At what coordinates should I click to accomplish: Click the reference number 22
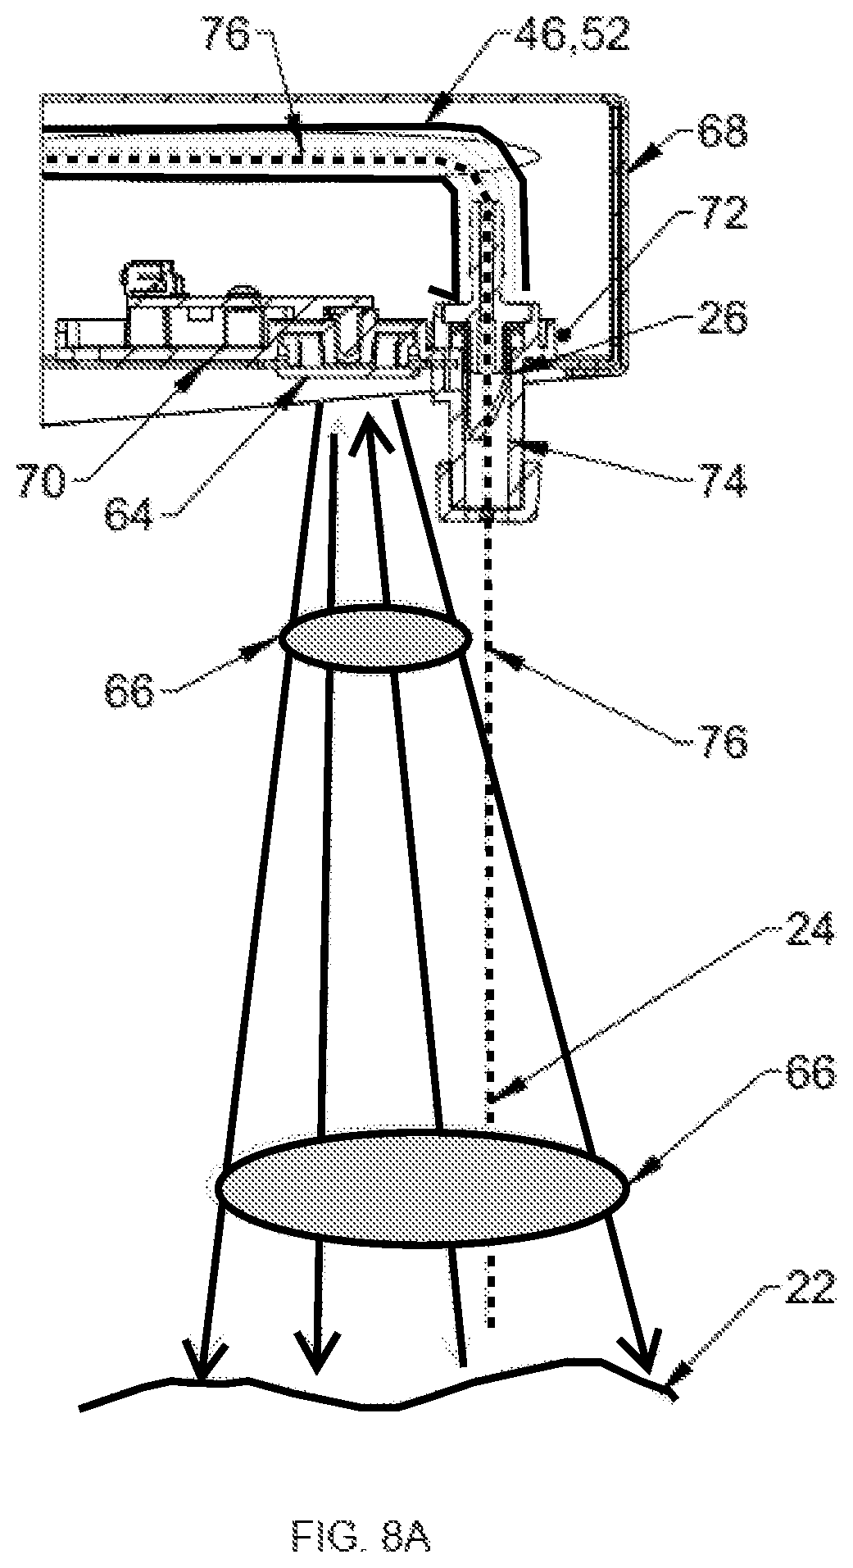pyautogui.click(x=808, y=1287)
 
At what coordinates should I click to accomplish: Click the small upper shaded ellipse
pyautogui.click(x=375, y=638)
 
